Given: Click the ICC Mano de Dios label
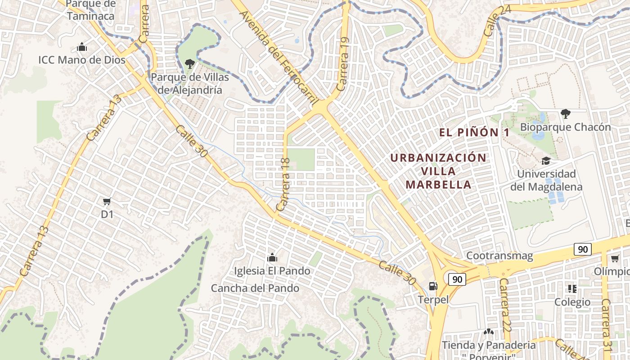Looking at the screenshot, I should point(81,60).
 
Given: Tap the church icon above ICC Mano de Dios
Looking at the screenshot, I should point(81,47).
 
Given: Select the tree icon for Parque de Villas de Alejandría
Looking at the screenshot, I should point(190,64).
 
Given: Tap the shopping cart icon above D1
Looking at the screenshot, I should point(107,201).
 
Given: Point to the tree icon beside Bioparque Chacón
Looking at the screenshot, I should point(565,114).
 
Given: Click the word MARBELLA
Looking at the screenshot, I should point(438,184).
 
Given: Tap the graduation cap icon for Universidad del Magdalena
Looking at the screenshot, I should point(546,161).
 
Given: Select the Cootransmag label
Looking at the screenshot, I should point(499,256).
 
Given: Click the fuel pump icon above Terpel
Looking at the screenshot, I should point(433,286).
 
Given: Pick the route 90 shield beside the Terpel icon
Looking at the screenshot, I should point(457,279).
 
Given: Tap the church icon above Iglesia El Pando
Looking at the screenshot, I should point(272,257).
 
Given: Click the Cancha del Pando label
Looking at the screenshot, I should point(255,288).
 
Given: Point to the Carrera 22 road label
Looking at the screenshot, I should point(505,305).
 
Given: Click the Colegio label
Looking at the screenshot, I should point(572,302).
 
